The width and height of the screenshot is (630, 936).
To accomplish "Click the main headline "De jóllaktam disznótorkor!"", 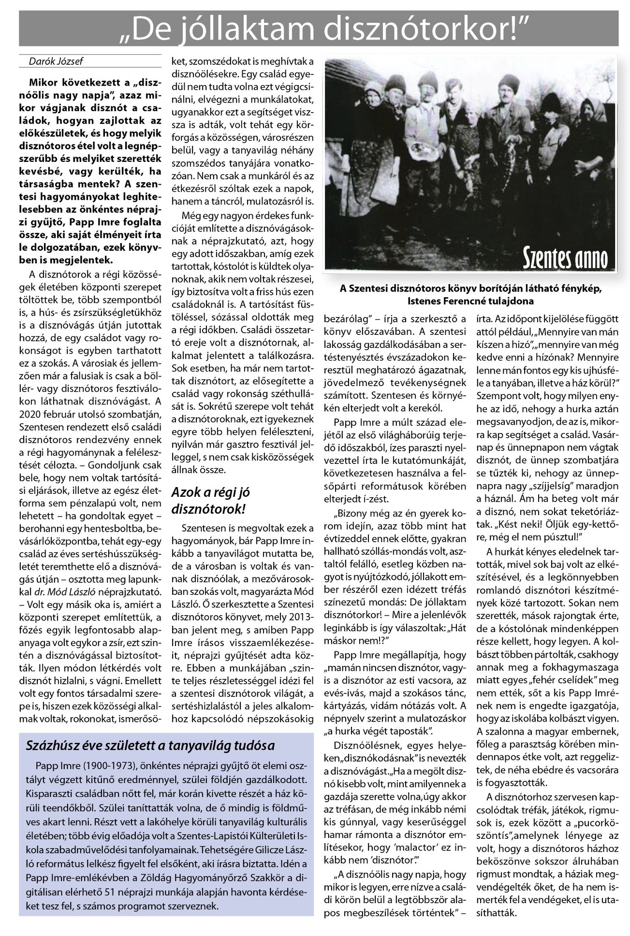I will (x=319, y=29).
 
